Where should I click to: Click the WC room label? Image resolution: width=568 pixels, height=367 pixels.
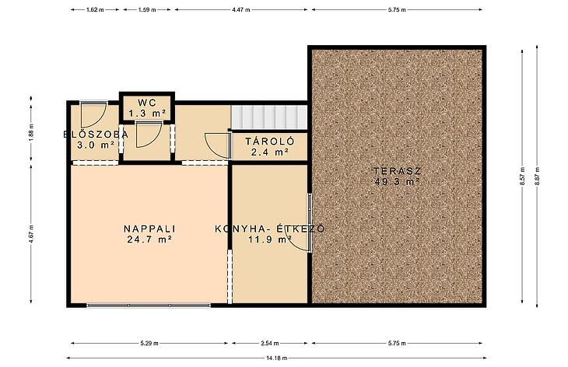147,103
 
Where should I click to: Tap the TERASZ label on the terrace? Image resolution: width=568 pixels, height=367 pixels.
398,171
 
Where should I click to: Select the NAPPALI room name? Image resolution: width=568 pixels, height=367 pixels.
149,229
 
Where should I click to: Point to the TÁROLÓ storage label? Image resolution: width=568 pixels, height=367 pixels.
270,142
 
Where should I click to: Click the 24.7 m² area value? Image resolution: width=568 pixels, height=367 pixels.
149,239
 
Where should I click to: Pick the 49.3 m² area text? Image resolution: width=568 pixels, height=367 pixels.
398,181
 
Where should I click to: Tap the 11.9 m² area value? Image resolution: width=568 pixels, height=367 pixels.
270,239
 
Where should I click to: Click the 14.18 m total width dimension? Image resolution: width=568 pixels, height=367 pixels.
276,358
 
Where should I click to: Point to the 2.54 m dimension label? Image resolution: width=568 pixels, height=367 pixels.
270,343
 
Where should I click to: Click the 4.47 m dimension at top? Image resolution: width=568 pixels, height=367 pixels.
241,10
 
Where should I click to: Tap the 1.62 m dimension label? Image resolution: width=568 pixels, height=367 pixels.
95,10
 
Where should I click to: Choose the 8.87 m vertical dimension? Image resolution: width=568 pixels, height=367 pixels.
537,176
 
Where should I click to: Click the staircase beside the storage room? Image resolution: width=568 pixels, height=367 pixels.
268,117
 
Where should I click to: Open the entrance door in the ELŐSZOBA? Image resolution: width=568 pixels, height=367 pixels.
93,114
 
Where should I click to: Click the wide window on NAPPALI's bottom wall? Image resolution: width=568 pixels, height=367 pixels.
149,306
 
